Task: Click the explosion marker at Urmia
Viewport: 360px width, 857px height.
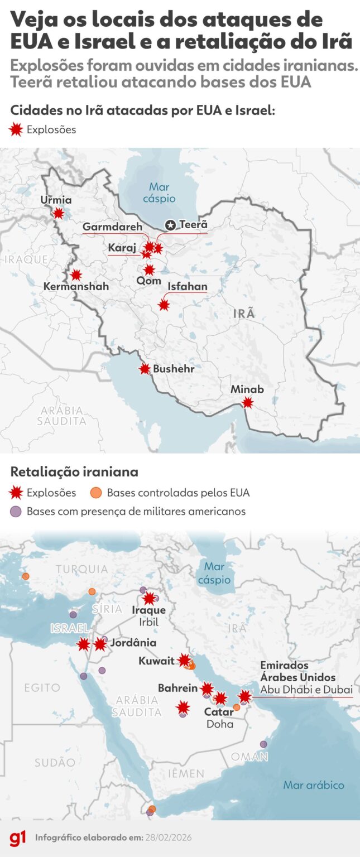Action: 58,213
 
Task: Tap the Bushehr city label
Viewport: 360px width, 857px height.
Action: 174,369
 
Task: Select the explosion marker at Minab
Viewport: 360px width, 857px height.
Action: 247,402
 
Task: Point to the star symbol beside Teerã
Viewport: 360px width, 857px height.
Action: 170,225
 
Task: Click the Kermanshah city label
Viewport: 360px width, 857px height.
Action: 76,287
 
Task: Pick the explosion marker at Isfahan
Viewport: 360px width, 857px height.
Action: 164,305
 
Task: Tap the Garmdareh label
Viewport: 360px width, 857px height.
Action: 112,227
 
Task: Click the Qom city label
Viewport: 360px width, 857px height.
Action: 148,282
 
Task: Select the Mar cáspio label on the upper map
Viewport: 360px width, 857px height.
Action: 159,192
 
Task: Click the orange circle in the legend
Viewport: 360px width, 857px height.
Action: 96,493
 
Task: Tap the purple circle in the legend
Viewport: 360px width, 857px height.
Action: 16,511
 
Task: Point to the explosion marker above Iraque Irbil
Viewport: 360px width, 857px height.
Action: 149,599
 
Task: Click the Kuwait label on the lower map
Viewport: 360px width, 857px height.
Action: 156,661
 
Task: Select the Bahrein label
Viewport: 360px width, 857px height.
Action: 177,689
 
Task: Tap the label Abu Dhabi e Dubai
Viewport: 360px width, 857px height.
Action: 306,690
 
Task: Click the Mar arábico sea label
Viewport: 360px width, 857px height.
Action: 314,785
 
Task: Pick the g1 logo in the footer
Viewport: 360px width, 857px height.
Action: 17,838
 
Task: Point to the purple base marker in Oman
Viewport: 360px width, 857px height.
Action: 263,744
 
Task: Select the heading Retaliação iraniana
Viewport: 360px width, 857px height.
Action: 74,472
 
